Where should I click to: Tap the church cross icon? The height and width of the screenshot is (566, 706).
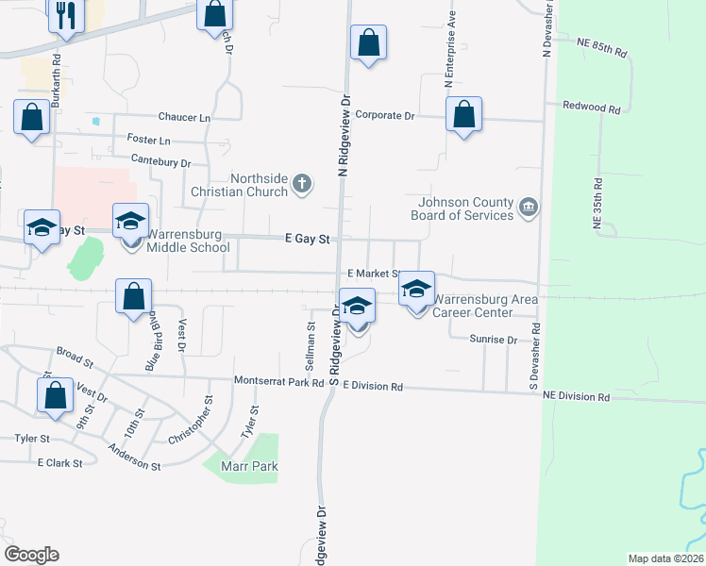click(302, 183)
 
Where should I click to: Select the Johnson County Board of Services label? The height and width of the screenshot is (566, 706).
click(462, 208)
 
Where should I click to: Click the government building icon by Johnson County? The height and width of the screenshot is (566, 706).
click(528, 207)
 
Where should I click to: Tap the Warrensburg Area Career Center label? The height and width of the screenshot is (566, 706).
click(485, 307)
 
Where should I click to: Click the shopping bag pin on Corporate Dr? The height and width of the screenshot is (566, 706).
click(462, 116)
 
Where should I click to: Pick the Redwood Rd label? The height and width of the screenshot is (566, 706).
click(591, 108)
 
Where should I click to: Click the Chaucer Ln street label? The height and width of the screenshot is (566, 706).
click(185, 117)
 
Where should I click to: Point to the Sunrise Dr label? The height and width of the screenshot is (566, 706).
click(494, 340)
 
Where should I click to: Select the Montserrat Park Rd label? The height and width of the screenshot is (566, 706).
click(278, 382)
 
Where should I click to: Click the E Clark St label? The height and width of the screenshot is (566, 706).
click(60, 463)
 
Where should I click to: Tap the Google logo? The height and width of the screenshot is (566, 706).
click(31, 554)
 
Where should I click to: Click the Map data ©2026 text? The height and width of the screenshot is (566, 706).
click(666, 558)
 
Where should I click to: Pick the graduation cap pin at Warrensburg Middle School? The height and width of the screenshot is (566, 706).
click(130, 223)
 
